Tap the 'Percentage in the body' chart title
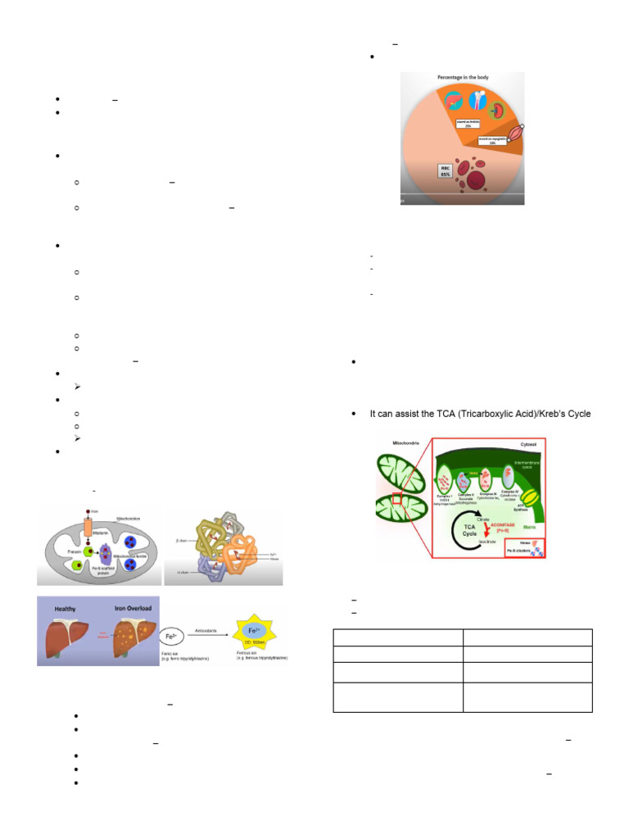(462, 78)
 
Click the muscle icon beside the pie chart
(519, 132)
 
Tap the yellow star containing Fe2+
(256, 635)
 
